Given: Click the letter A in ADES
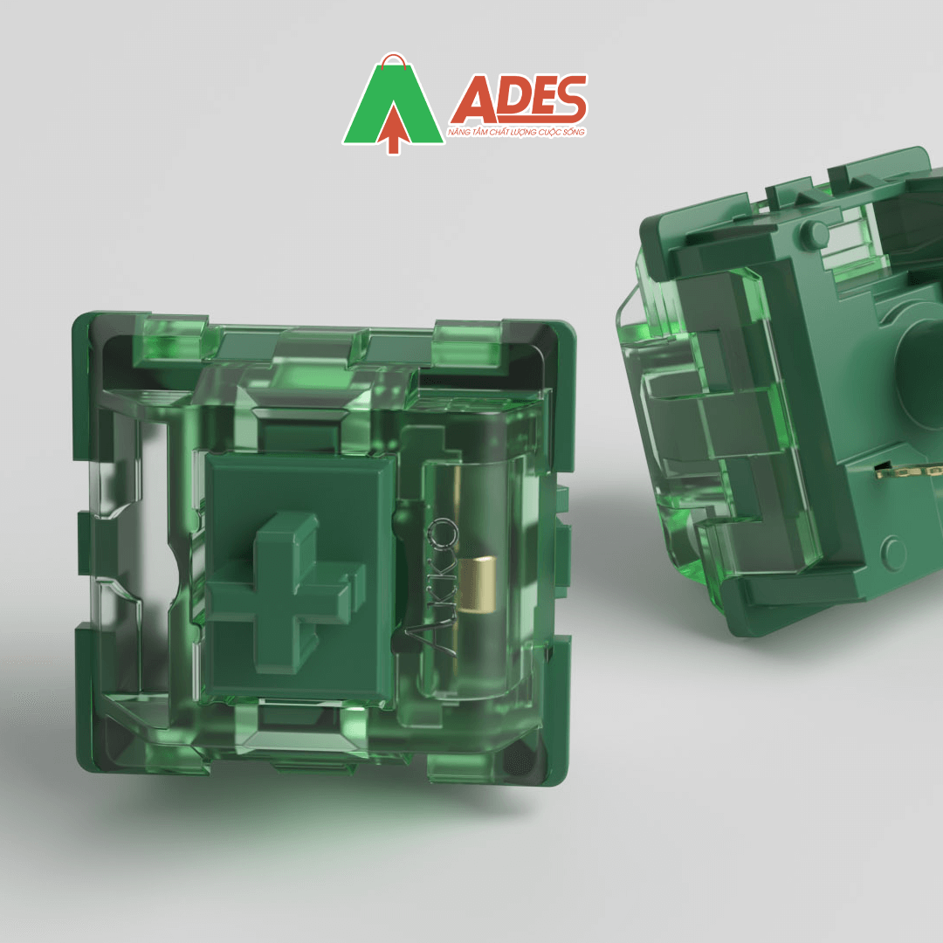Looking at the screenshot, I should (471, 100).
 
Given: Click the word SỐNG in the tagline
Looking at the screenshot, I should (573, 132).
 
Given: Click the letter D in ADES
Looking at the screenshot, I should (506, 100).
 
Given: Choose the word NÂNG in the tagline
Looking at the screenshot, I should (458, 132).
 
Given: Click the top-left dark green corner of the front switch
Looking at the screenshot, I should (87, 332).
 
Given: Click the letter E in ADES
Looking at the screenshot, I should (538, 100).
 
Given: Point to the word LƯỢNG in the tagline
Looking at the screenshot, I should (526, 132).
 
